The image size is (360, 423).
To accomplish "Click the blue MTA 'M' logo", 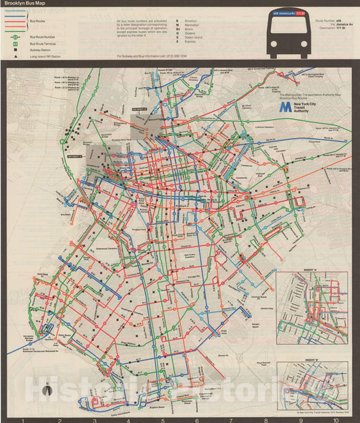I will point(286,107).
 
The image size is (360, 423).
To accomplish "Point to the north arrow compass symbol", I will point(45,391).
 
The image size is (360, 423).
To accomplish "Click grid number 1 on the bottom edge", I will point(24,420).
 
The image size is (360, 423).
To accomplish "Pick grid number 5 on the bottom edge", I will point(163,420).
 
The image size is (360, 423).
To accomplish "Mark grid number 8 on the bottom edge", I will point(265,420).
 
